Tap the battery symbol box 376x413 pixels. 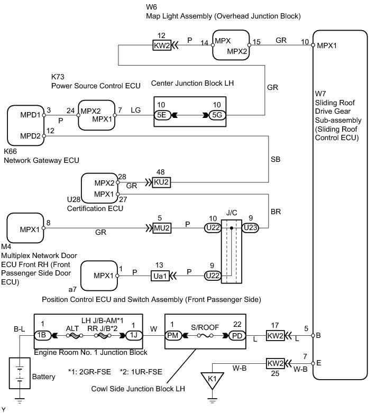coord(20,373)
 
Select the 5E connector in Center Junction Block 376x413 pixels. coord(162,115)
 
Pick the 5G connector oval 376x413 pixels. coord(217,115)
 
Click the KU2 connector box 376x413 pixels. coord(161,182)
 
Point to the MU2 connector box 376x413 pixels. coord(162,228)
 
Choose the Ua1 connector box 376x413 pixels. coord(160,276)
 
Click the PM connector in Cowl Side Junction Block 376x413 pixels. coord(173,336)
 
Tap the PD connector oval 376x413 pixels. coord(237,336)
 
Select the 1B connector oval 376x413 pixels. coord(42,335)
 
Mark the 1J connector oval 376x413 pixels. coord(134,335)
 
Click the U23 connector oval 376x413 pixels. coord(250,227)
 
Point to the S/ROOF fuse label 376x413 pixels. coord(205,327)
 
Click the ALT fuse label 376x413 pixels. coord(72,328)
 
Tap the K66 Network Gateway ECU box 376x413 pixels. coord(26,125)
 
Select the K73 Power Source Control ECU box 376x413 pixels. coord(97,115)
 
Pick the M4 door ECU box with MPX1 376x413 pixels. coord(25,228)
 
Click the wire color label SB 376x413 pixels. coord(276,159)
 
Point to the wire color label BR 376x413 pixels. coord(276,212)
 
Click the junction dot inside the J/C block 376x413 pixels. coord(231,228)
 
